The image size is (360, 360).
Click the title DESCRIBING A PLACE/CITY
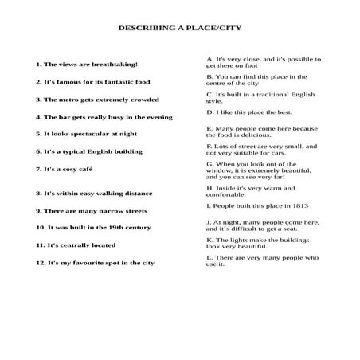[180, 27]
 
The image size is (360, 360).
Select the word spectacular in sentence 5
[86, 134]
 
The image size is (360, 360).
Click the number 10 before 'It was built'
[41, 227]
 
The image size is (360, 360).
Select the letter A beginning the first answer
[209, 59]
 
